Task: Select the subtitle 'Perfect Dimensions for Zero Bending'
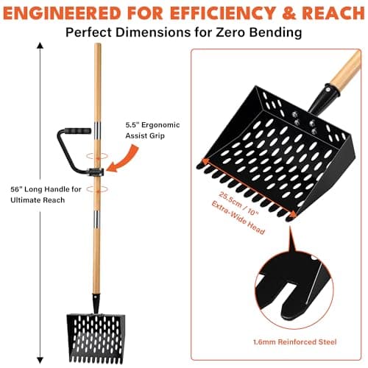click(x=183, y=32)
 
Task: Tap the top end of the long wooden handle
click(x=96, y=47)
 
